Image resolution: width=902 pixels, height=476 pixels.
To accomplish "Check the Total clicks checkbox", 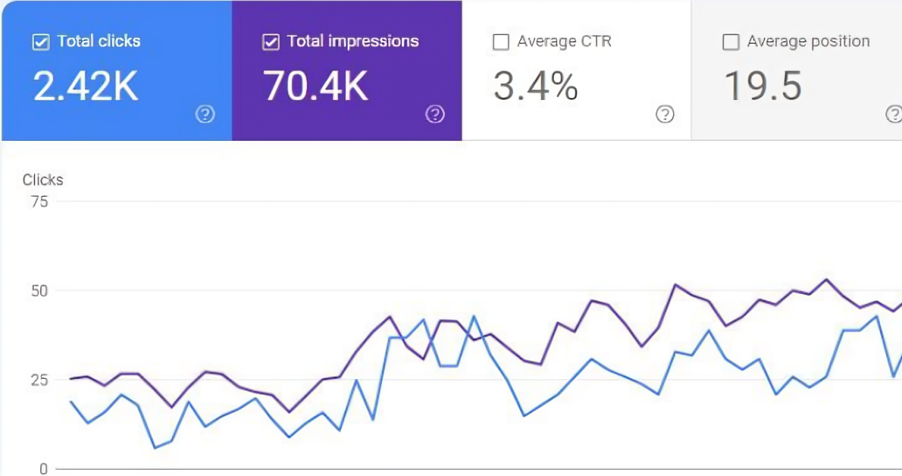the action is click(41, 42).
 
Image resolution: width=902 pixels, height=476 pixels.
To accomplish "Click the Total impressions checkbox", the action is click(271, 42).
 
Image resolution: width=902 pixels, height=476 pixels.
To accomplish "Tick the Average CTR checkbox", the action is click(501, 42).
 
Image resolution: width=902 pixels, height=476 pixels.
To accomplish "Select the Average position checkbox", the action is click(731, 42).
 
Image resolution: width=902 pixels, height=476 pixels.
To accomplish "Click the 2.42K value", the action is click(86, 87).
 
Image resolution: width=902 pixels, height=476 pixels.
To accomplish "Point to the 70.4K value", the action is click(316, 87).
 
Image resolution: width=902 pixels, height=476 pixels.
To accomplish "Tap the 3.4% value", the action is click(536, 87).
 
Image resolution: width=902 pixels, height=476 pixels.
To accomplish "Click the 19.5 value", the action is click(763, 87).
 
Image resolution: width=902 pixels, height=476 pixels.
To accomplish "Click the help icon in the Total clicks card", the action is click(205, 114).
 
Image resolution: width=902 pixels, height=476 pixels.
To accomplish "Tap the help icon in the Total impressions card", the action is click(435, 114).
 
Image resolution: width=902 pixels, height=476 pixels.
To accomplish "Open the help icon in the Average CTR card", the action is click(665, 114).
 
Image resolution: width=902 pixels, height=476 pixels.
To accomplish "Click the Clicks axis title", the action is click(43, 180).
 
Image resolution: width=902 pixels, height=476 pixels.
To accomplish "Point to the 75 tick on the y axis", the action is click(39, 201).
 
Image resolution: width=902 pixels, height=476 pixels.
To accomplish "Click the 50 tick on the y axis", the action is click(39, 290).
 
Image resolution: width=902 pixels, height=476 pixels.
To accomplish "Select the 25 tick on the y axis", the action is click(39, 380).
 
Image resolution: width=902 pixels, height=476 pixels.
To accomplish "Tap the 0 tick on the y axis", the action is click(43, 469).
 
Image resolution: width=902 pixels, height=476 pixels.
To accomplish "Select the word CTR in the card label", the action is click(597, 41).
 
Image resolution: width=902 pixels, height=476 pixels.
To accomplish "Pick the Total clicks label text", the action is click(99, 41).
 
